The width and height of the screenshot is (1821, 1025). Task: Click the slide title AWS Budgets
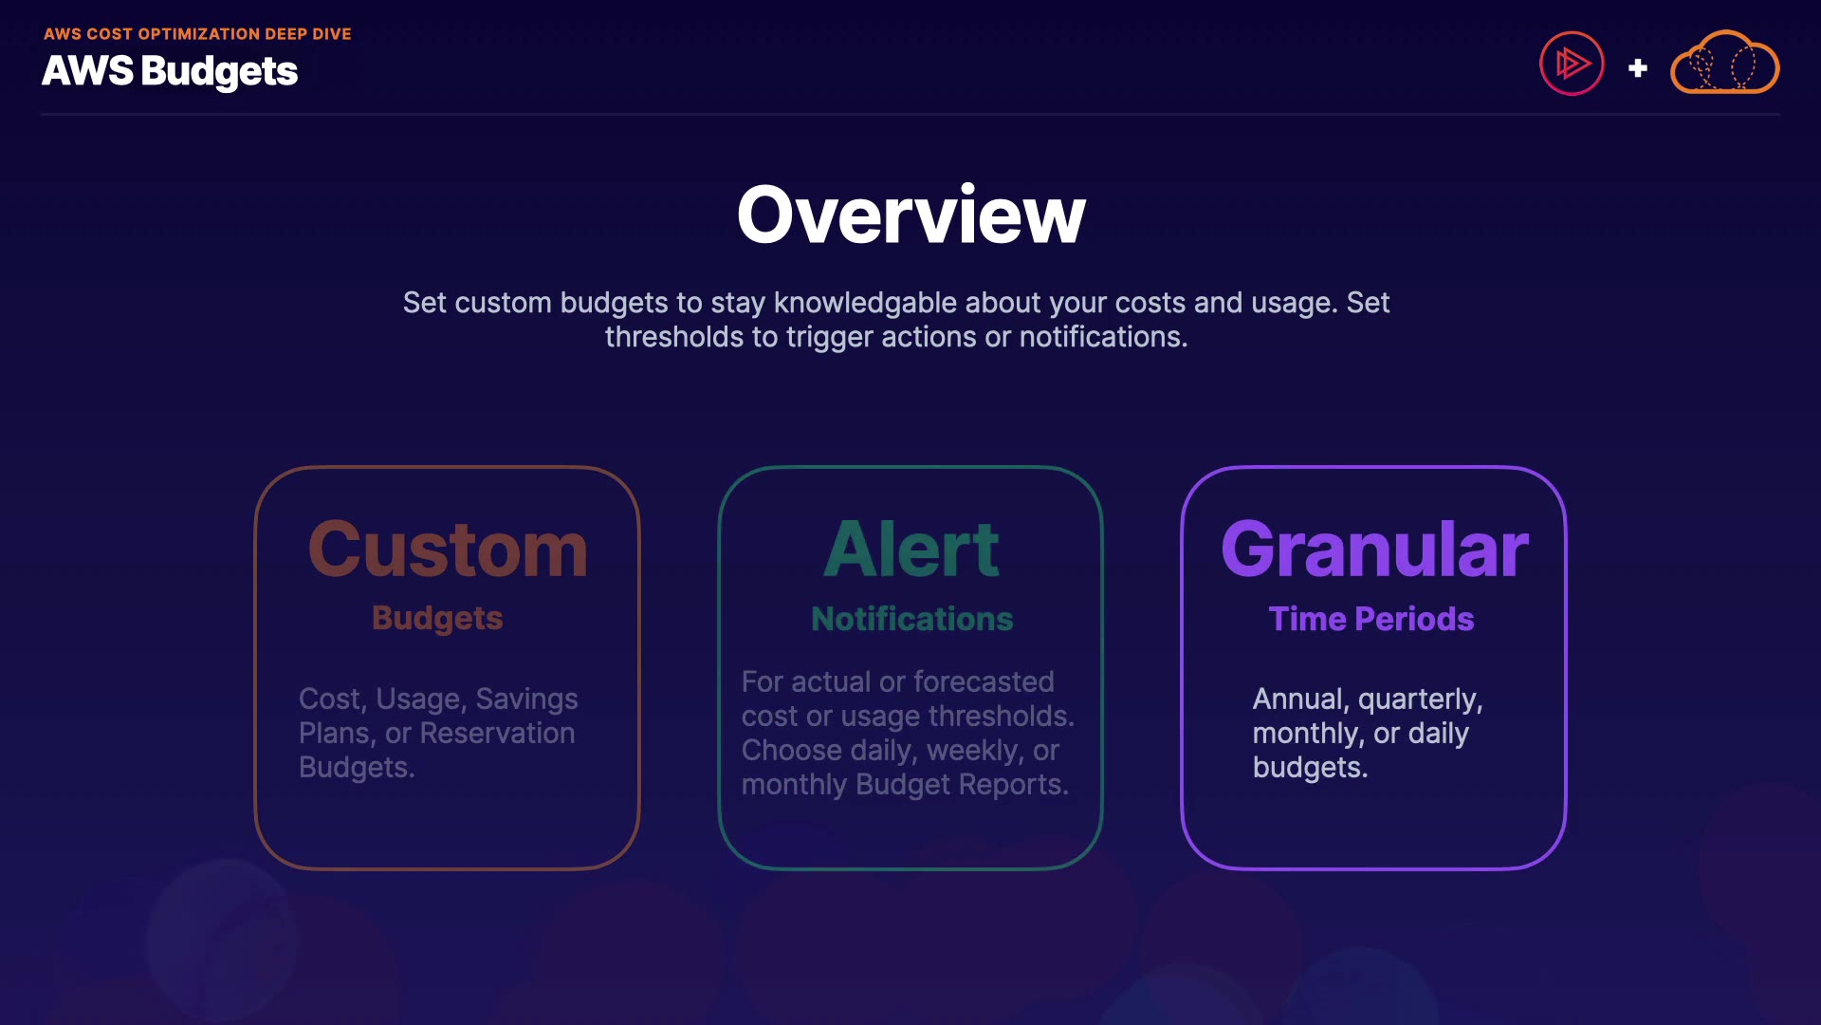point(170,71)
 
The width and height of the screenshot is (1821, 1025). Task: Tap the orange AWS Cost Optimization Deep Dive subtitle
point(197,34)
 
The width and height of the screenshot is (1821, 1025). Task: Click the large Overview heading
point(910,215)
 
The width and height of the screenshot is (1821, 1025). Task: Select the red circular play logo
point(1572,64)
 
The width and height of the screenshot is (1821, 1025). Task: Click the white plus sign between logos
point(1638,68)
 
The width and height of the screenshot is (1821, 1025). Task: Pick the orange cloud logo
point(1724,63)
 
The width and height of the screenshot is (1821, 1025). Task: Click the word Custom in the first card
point(448,550)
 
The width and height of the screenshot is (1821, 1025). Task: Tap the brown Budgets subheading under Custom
point(437,619)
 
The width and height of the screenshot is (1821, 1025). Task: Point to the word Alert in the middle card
point(910,550)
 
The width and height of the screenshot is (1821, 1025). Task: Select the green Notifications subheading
point(912,619)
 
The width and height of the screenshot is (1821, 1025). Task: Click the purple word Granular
point(1374,550)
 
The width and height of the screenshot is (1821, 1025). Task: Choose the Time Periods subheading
point(1371,619)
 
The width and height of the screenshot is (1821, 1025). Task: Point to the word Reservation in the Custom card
point(497,733)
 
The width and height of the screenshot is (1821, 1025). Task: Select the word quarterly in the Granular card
point(1421,700)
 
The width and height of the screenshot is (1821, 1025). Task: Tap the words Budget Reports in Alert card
point(962,785)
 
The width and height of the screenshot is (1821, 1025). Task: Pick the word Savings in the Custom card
point(526,699)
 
